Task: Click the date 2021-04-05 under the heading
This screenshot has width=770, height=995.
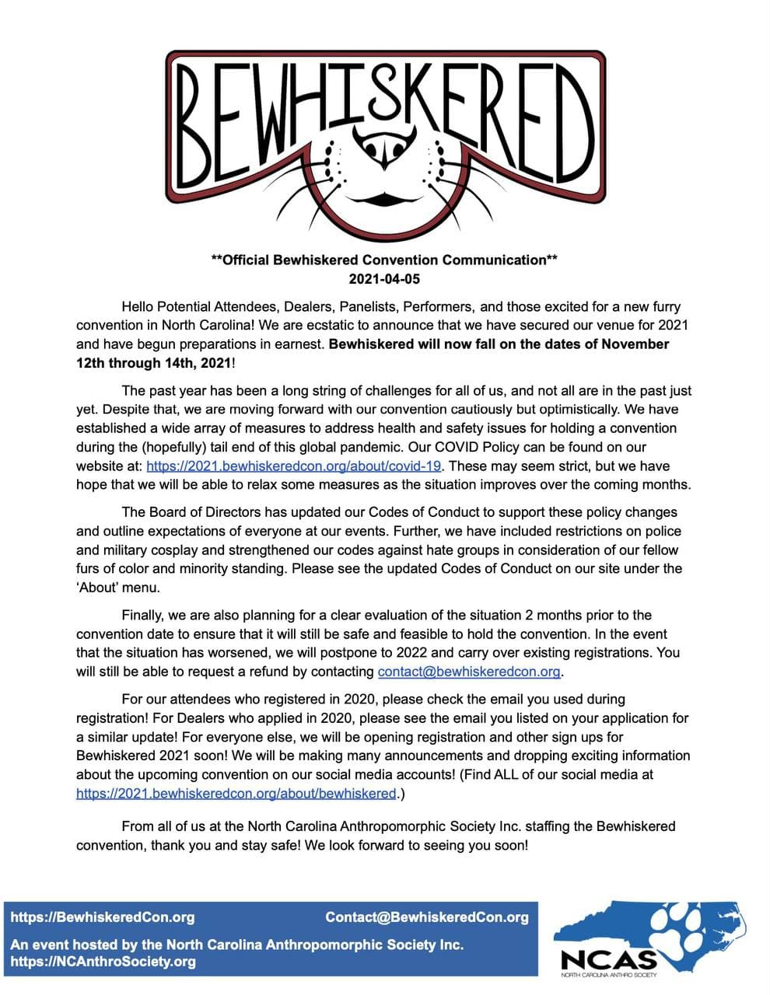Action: pyautogui.click(x=384, y=278)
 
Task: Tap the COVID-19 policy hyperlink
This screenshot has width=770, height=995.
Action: pyautogui.click(x=294, y=466)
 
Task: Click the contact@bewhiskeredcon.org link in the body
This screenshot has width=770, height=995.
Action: pyautogui.click(x=469, y=671)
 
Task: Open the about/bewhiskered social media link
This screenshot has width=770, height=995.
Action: pyautogui.click(x=236, y=793)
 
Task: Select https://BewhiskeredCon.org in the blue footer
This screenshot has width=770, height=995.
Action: pyautogui.click(x=103, y=916)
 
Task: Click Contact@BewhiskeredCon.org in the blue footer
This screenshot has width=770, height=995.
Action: pyautogui.click(x=427, y=916)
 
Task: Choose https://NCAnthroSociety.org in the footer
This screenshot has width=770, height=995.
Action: pyautogui.click(x=103, y=962)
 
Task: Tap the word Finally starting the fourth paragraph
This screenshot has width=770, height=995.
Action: pyautogui.click(x=145, y=615)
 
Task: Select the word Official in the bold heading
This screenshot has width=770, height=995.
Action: pyautogui.click(x=246, y=260)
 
